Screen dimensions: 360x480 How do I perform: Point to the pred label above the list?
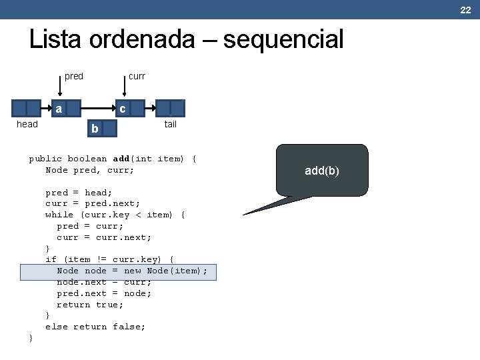coord(74,76)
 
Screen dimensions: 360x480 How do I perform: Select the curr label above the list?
coord(137,76)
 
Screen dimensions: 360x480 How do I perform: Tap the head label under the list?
coord(27,124)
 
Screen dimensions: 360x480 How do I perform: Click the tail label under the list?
coord(171,124)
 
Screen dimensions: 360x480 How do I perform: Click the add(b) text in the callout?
coord(322,171)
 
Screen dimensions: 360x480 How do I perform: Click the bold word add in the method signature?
coord(121,159)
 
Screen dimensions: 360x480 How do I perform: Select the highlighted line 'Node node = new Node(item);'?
coord(132,271)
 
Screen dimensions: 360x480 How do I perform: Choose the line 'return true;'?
coord(90,305)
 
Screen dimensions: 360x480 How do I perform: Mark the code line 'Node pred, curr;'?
coord(90,170)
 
